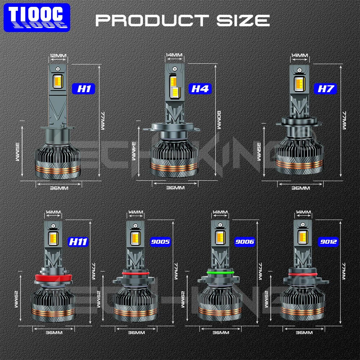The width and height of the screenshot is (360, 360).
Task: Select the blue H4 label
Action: [x=200, y=89]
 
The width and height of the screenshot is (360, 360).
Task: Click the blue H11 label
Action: [x=78, y=242]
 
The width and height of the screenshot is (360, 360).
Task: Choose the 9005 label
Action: [x=159, y=242]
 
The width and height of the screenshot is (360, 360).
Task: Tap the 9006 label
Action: [x=244, y=242]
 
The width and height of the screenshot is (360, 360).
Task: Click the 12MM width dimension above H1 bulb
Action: [x=58, y=56]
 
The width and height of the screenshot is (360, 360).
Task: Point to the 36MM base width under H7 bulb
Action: [x=300, y=188]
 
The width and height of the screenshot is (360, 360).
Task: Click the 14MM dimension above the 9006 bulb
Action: [x=220, y=212]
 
